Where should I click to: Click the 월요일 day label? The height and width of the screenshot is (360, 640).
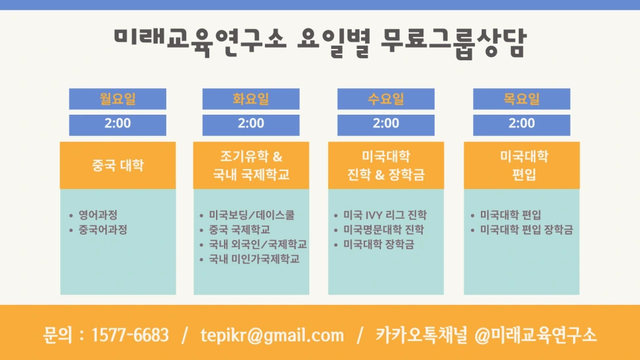117,99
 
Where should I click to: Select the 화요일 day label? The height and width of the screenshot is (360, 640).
250,99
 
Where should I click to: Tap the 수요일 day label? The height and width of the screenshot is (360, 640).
386,99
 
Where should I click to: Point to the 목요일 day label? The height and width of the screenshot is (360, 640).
521,99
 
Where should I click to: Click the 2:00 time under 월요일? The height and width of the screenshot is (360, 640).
117,123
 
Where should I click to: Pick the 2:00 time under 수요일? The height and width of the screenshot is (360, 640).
386,123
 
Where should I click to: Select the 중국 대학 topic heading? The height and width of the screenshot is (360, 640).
117,165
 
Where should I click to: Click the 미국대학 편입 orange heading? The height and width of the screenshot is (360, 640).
521,165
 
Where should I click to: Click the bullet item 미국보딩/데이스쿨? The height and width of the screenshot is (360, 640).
251,215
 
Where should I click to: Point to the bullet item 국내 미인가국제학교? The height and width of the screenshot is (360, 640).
254,259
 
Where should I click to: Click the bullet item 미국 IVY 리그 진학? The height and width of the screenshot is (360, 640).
385,215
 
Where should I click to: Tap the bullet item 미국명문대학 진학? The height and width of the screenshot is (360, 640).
383,230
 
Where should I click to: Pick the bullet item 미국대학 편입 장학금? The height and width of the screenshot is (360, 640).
526,230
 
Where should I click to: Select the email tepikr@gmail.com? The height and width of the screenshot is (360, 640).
272,335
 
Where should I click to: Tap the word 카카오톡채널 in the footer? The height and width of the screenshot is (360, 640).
421,335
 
